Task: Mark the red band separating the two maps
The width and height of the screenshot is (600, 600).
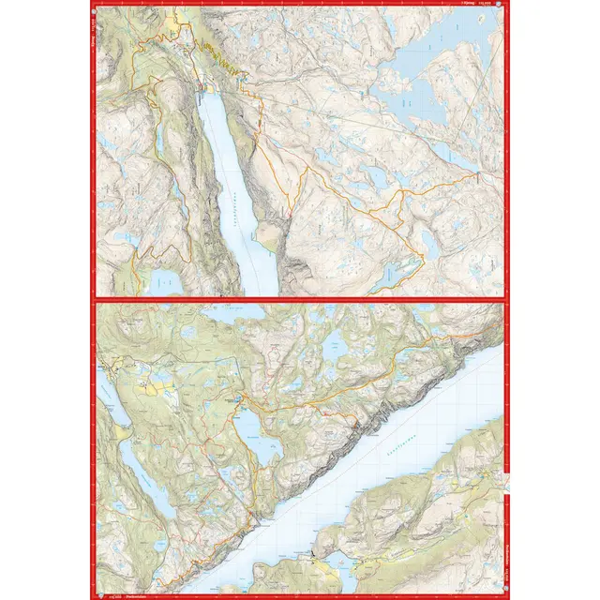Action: tap(300, 300)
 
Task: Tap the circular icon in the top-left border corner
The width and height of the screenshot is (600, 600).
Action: tap(96, 5)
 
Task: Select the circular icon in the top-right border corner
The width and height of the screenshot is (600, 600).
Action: tap(504, 5)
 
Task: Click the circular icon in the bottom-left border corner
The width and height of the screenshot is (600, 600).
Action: tap(97, 595)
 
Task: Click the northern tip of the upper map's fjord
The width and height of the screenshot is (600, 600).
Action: tap(208, 94)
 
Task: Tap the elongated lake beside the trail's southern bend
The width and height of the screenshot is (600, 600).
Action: tap(398, 274)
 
